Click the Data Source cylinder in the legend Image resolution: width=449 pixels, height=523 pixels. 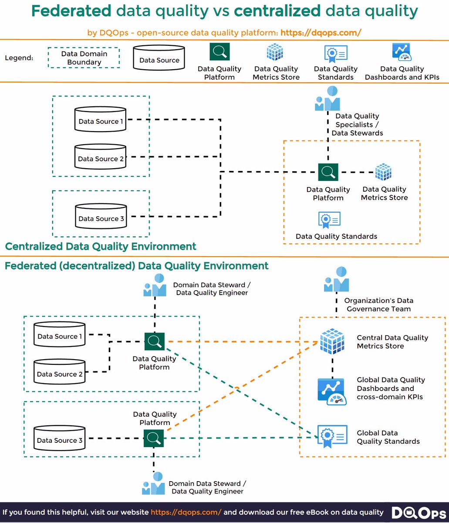pos(159,58)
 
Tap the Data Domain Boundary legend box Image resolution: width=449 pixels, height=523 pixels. pos(84,48)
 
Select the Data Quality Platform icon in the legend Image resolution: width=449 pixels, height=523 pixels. pos(219,51)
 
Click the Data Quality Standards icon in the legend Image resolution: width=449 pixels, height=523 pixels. pos(336,54)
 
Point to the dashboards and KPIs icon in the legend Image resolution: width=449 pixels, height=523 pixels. pos(402,52)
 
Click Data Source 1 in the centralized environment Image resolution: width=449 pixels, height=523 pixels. pos(100,119)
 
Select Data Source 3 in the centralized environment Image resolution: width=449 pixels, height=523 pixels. pos(101,216)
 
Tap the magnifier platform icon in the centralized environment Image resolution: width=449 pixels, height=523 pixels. pos(328,172)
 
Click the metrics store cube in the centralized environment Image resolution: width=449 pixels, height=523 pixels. pos(383,172)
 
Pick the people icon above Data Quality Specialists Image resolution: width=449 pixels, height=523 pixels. pos(327,98)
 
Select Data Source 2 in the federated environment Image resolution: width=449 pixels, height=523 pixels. pos(59,371)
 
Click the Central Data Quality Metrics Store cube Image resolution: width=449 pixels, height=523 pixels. pos(332,341)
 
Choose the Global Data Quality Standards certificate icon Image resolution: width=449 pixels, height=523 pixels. pos(332,436)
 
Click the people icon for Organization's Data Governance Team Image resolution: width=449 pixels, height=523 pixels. pos(337,279)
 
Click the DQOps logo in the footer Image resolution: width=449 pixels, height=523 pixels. pos(419,513)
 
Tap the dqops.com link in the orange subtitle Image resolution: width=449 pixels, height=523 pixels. pos(321,33)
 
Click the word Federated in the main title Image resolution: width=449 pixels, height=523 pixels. pos(71,11)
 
